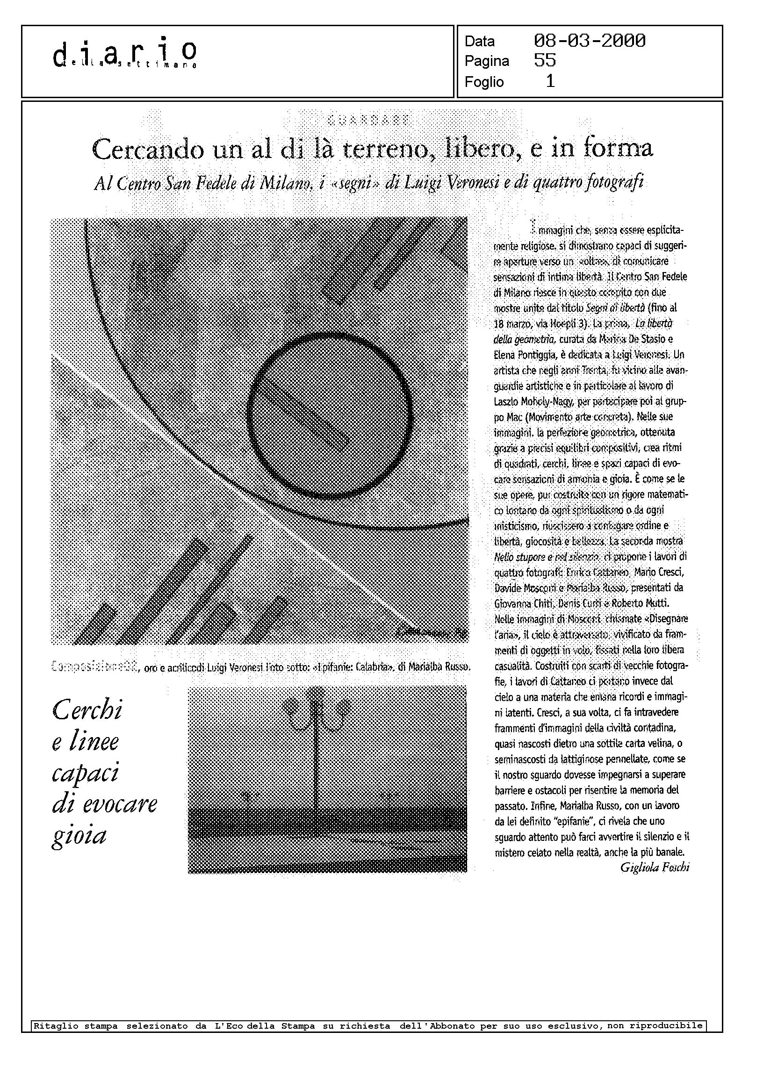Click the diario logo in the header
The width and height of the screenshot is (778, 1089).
(x=125, y=54)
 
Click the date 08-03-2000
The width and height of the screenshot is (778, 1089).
(x=589, y=41)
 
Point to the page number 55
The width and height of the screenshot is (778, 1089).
(x=545, y=61)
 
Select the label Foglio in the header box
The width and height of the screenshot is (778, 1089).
(x=484, y=82)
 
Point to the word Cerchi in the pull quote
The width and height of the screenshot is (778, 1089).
(x=87, y=710)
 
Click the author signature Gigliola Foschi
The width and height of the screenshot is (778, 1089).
(x=655, y=867)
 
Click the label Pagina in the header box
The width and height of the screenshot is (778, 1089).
(x=487, y=61)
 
